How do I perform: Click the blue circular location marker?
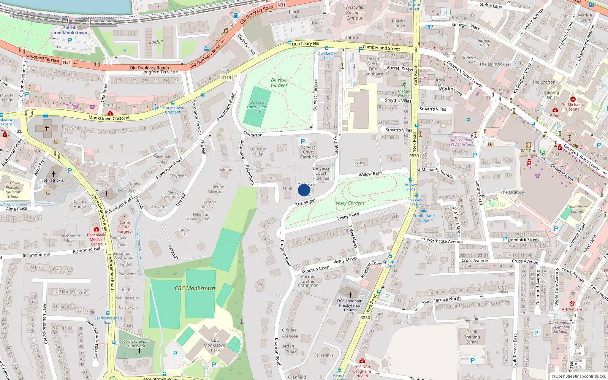tap(304, 190)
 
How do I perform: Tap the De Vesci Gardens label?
tap(279, 82)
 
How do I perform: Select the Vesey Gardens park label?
tap(350, 203)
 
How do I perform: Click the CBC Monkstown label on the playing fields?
tap(195, 288)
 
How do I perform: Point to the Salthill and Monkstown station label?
tap(70, 30)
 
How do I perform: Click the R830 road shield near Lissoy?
tap(414, 156)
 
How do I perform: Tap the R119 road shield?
tap(226, 78)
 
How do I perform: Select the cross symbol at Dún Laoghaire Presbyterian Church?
tap(350, 294)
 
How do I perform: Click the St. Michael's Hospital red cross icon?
tap(573, 99)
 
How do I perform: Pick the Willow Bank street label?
tap(370, 174)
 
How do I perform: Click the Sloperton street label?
tap(253, 134)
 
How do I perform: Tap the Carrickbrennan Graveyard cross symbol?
tap(139, 350)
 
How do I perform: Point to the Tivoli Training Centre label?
tap(472, 337)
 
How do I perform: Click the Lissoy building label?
tap(358, 163)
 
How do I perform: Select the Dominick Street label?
tap(523, 239)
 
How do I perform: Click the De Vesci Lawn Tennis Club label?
tap(257, 107)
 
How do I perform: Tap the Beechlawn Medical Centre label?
tap(97, 239)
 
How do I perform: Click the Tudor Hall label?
tap(184, 231)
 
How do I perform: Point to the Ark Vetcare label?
tap(572, 309)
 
